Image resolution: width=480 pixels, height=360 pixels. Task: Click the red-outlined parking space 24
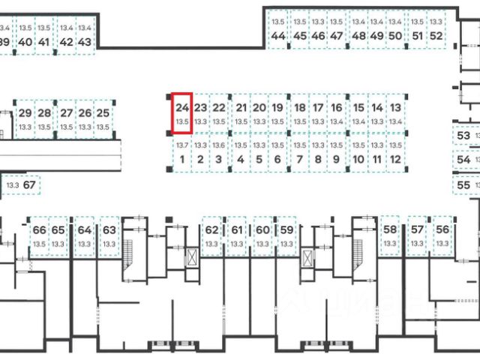(x=182, y=113)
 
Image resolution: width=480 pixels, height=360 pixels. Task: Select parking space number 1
(x=182, y=152)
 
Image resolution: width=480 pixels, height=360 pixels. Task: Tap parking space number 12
(x=395, y=152)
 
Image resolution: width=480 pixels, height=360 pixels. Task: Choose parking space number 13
(x=395, y=113)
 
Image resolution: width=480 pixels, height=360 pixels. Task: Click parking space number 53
(x=463, y=136)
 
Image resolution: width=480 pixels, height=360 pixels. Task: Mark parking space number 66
(x=39, y=236)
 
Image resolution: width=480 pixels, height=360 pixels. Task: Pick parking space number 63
(x=109, y=236)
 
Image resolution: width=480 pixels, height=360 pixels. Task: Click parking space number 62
(x=212, y=236)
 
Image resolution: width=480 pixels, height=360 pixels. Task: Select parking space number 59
(x=286, y=236)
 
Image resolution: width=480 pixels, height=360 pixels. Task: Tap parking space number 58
(x=390, y=236)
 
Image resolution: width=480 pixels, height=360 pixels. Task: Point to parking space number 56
(x=442, y=236)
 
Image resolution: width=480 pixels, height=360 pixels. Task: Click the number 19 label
(x=277, y=107)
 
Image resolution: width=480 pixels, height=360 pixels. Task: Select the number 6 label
(x=277, y=159)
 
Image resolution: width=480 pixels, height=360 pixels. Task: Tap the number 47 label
(x=336, y=35)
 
